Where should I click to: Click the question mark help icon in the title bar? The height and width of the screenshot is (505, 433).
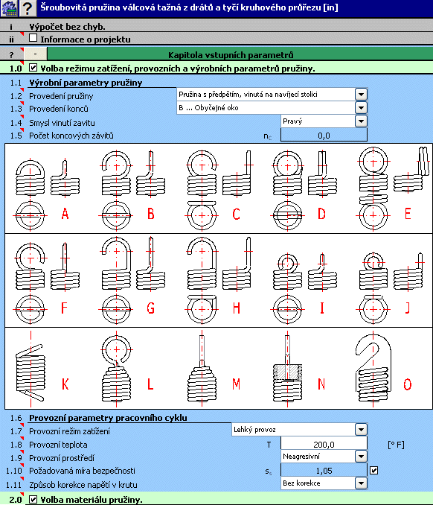point(28,8)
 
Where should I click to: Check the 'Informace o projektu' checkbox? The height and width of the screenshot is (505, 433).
point(33,38)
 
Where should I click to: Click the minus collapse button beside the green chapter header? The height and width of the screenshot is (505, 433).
point(36,54)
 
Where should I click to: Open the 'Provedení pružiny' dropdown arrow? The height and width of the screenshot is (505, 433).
point(361,95)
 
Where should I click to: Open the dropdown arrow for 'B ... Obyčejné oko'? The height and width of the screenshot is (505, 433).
point(361,108)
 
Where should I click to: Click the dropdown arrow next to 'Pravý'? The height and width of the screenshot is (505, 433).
point(361,121)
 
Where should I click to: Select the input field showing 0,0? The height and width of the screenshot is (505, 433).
point(324,136)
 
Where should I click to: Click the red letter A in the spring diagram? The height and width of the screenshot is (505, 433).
point(65,214)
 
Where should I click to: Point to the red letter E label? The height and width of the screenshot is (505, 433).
point(408,214)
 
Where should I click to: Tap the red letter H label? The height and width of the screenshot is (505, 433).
point(237,308)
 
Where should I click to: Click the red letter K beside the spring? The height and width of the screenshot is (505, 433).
point(65,384)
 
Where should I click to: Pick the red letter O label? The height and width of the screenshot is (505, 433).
point(408,384)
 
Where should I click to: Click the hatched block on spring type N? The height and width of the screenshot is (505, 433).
point(288,372)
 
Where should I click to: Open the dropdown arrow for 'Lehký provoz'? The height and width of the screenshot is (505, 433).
point(361,430)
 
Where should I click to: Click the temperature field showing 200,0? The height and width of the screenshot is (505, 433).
point(324,445)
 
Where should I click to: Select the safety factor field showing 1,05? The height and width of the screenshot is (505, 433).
point(324,471)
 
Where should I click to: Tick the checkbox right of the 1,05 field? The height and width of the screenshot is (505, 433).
point(373,471)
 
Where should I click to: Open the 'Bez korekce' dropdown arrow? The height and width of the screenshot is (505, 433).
point(361,483)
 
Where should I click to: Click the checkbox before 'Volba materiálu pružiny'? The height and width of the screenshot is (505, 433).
point(33,500)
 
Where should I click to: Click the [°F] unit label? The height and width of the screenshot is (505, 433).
point(396,445)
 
